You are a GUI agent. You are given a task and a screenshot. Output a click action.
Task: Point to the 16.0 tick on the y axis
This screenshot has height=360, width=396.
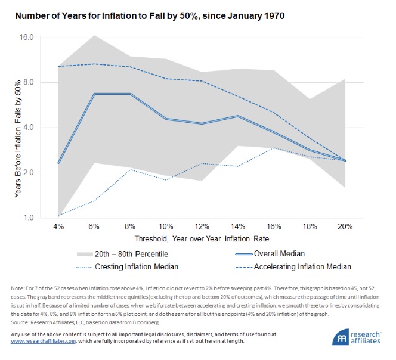pos(26,38)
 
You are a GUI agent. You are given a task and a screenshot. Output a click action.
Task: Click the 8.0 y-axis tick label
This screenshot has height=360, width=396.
pos(28,82)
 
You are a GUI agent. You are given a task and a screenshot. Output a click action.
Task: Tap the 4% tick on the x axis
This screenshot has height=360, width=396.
pos(58,228)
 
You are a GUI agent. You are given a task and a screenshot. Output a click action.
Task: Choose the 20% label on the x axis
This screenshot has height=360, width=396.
pos(345,228)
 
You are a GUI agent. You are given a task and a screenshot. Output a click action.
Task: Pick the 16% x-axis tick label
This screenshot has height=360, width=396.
pos(274,228)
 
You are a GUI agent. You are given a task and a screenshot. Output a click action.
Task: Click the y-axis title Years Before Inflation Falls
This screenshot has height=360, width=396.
pos(10,128)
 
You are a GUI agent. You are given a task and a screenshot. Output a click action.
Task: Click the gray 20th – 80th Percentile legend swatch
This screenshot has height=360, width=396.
pos(85,253)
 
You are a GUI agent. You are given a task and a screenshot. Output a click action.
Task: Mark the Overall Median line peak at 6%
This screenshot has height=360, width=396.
pos(94,94)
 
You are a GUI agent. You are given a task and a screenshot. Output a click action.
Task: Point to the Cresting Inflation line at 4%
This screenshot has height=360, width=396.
pos(58,215)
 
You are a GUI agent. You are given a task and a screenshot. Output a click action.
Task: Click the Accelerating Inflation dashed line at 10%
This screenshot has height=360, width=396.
pos(166,79)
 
